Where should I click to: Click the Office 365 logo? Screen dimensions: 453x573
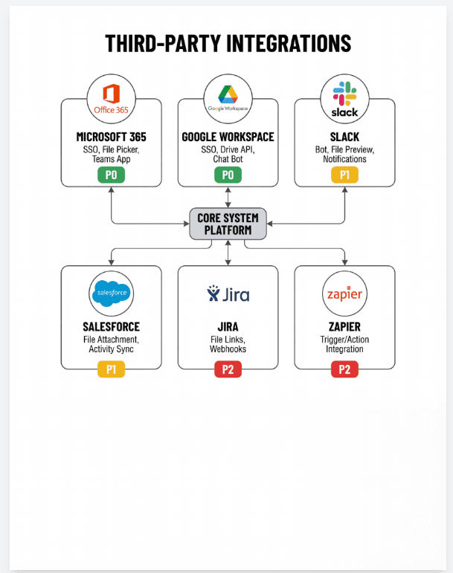point(111,99)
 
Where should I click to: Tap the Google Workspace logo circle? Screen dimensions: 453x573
point(228,99)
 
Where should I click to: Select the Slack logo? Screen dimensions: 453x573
point(344,99)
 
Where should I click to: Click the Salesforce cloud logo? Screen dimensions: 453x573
point(111,293)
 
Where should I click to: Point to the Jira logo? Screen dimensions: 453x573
point(228,294)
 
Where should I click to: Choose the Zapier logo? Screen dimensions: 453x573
point(344,294)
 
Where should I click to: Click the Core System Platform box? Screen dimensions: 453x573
point(228,224)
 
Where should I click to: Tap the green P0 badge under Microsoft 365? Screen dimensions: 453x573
point(111,175)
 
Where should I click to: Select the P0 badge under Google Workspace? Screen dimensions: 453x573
point(228,175)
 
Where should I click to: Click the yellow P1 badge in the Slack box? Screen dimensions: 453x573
point(344,175)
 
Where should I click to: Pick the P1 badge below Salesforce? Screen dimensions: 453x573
point(111,369)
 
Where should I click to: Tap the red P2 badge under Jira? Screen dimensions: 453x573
point(228,369)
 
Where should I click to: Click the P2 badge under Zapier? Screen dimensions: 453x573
point(344,369)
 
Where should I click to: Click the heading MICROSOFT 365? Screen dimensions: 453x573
point(111,137)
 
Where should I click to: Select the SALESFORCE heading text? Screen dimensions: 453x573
point(111,327)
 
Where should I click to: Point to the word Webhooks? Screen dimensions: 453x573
point(228,349)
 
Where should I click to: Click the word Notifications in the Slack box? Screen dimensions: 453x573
point(344,159)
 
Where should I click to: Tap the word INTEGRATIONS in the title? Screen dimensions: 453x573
point(289,44)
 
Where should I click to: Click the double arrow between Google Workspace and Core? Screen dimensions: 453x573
point(228,198)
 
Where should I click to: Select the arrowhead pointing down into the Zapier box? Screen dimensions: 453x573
point(344,262)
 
